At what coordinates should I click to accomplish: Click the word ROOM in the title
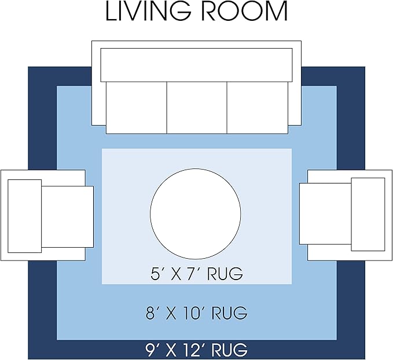[x=244, y=11]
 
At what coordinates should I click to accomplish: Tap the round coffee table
[x=196, y=214]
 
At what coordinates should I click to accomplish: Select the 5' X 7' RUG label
[x=197, y=273]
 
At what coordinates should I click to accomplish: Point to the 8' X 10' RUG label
[x=197, y=313]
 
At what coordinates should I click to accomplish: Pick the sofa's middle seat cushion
[x=197, y=108]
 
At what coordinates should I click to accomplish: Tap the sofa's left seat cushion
[x=137, y=108]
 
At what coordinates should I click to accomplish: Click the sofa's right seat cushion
[x=258, y=108]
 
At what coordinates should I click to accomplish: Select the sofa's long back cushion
[x=197, y=65]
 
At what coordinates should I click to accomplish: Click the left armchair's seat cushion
[x=67, y=216]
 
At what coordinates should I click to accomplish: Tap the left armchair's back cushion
[x=24, y=216]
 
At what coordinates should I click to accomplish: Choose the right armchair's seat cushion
[x=325, y=214]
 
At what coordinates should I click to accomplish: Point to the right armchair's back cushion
[x=368, y=214]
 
